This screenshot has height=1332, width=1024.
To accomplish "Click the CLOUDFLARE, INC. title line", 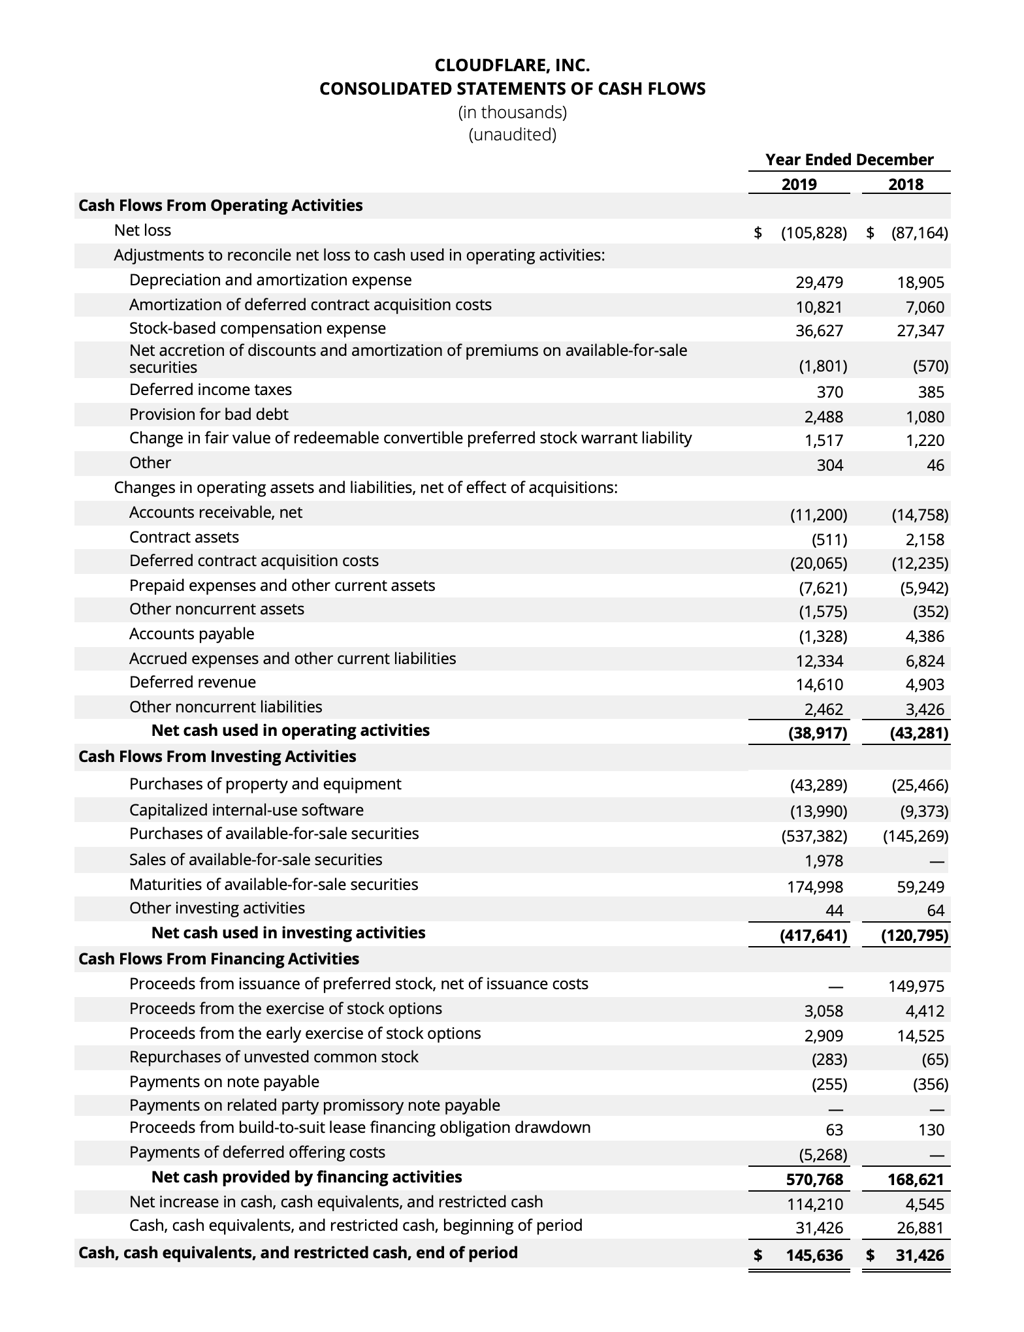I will tap(512, 65).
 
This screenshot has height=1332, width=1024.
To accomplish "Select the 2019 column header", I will tap(799, 184).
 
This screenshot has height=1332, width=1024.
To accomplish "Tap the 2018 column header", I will tap(906, 184).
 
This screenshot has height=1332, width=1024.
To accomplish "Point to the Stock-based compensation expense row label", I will tap(257, 328).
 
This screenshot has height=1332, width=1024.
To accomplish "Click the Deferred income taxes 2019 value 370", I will tap(829, 392).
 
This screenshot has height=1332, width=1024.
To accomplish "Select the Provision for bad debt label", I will tap(208, 415).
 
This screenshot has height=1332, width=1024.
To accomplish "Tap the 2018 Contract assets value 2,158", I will tap(924, 539).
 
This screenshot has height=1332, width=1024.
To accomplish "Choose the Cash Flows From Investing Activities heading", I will tap(217, 757).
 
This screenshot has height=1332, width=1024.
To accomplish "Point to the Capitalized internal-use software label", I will tap(246, 810).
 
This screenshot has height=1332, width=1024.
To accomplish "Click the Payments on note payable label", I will tap(224, 1082).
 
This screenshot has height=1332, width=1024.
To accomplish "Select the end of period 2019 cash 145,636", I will tap(814, 1255).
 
